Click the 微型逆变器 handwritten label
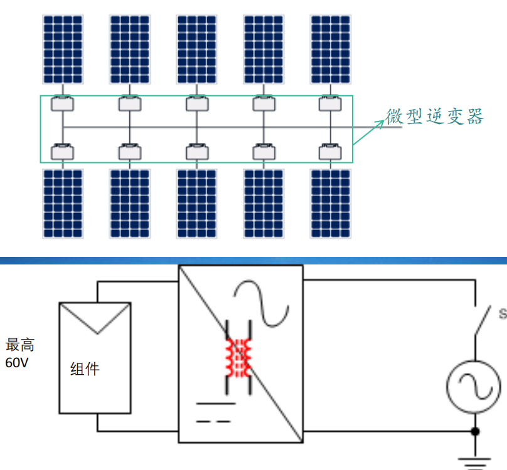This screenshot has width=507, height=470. click(435, 116)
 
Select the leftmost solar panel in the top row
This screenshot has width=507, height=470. click(63, 49)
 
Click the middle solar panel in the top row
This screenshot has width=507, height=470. click(196, 49)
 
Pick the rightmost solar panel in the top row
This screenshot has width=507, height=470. click(330, 49)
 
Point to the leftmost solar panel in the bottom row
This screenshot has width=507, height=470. click(63, 203)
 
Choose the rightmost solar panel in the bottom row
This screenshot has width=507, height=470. click(330, 203)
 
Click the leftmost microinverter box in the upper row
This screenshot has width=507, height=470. click(63, 103)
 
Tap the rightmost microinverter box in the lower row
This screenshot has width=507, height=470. click(330, 151)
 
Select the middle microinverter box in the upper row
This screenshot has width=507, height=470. click(196, 103)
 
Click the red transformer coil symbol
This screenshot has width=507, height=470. click(238, 358)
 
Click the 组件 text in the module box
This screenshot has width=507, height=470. click(85, 368)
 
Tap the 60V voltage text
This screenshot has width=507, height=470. click(17, 362)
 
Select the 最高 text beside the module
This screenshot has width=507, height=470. click(20, 345)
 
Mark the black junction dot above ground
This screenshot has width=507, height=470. click(475, 431)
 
